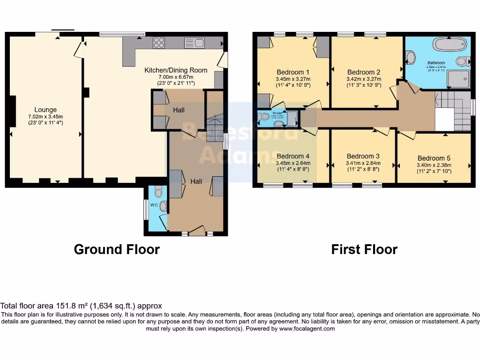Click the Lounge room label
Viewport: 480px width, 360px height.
click(45, 110)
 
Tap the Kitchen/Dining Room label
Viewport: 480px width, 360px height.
click(175, 70)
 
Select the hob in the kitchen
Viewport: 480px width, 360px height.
click(159, 43)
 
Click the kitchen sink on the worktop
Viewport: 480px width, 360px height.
click(195, 43)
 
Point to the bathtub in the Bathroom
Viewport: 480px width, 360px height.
click(450, 45)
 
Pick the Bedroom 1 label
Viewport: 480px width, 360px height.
click(293, 72)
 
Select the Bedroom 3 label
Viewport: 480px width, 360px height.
click(363, 156)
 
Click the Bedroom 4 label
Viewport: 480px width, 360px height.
click(293, 156)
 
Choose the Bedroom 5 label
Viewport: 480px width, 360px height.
click(434, 158)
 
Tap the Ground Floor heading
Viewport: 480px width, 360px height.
click(117, 249)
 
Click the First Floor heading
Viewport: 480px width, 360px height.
click(364, 249)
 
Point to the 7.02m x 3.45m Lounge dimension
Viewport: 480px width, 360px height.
click(45, 117)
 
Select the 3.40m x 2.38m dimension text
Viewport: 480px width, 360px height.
click(434, 165)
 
